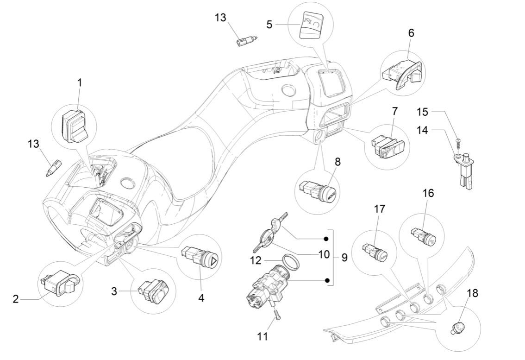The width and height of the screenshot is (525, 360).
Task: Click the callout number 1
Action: coord(79,82)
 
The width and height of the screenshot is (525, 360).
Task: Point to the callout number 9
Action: coord(344,257)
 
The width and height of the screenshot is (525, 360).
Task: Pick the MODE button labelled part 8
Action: coord(328,191)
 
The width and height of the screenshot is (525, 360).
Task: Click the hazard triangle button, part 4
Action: coord(202,257)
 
